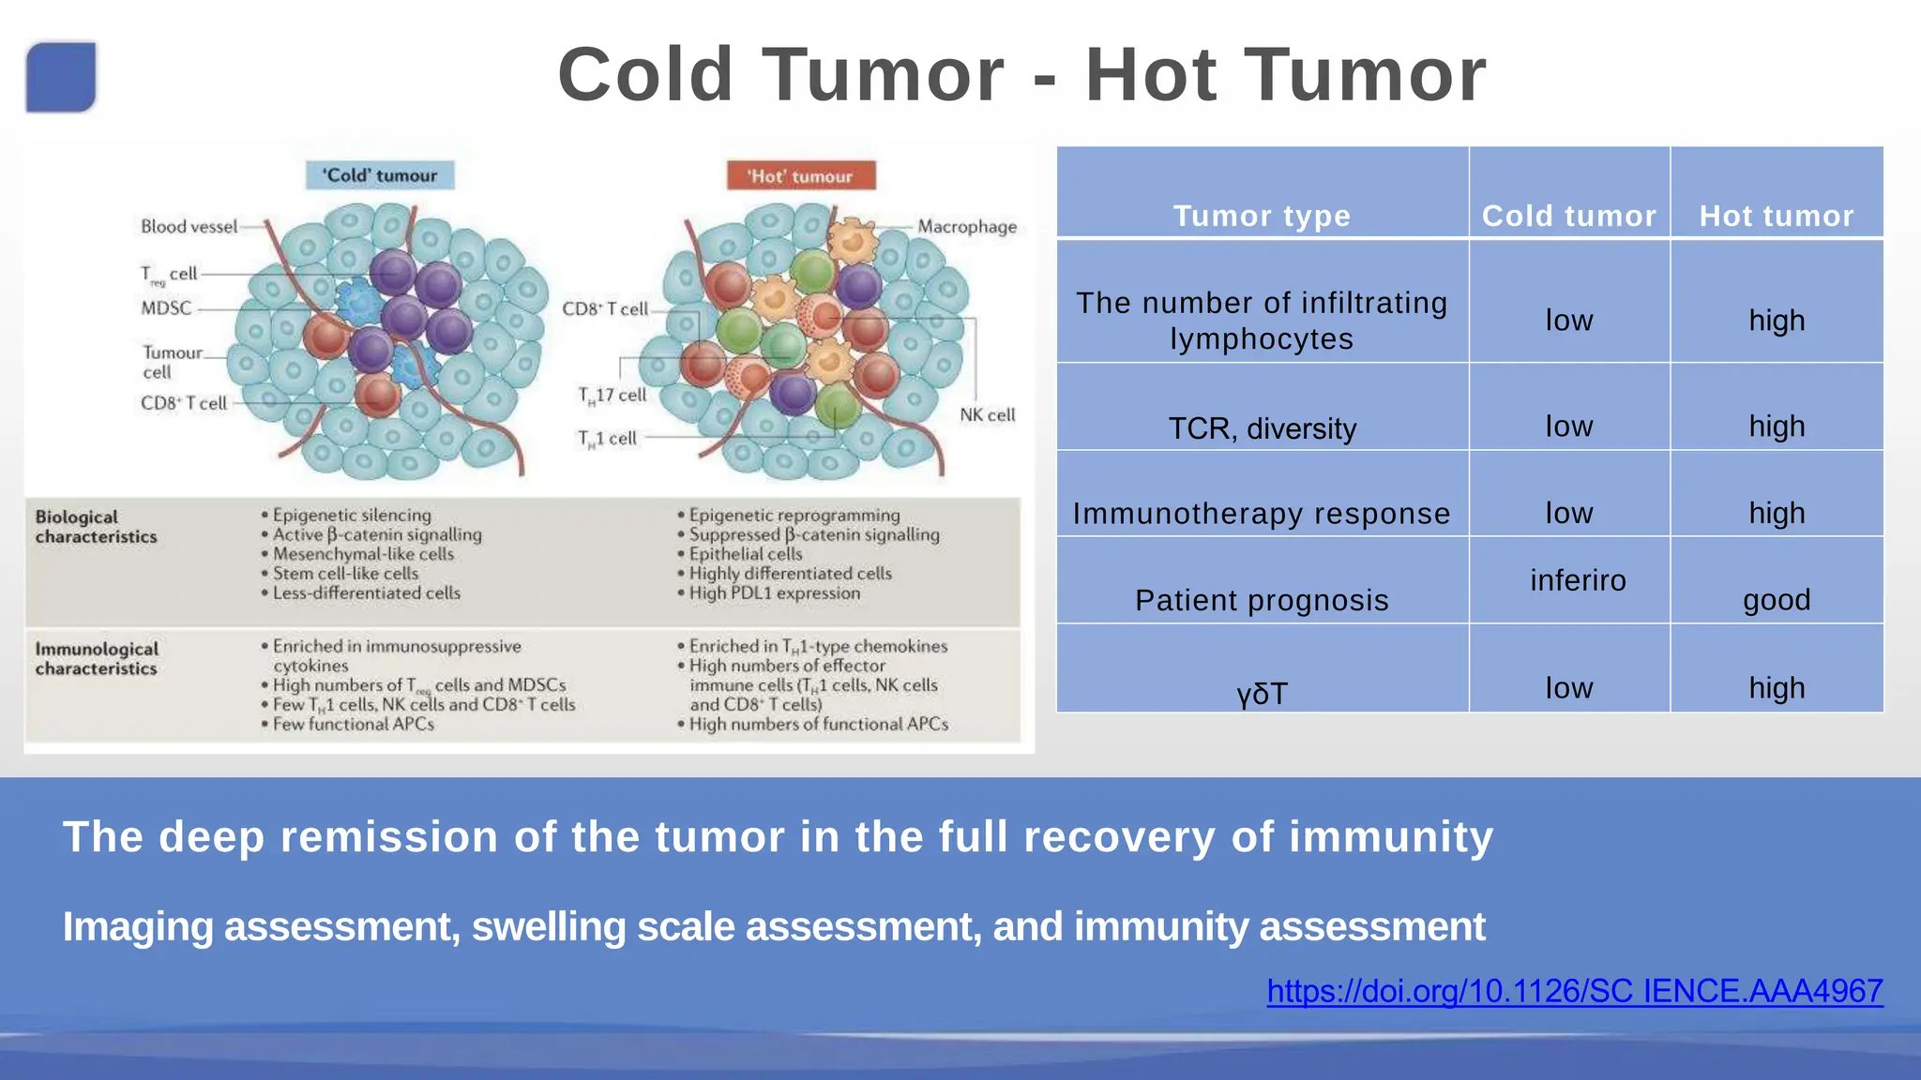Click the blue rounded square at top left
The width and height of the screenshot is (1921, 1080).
[61, 77]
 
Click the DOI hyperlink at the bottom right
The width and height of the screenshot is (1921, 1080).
[1574, 991]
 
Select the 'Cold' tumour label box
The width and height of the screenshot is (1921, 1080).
[380, 175]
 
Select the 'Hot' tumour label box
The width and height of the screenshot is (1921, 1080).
[800, 176]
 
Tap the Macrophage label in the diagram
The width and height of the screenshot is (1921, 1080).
[966, 227]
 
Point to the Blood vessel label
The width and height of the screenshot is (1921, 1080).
[189, 227]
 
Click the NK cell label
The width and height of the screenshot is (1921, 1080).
[987, 415]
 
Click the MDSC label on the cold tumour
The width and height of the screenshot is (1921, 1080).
[166, 308]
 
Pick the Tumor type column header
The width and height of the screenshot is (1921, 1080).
[1262, 216]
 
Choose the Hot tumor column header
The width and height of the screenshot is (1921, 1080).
[1776, 216]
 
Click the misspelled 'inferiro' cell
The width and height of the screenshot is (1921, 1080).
[1578, 580]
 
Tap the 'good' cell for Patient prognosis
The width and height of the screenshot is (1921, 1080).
[1776, 600]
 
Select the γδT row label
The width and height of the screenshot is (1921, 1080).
[1262, 694]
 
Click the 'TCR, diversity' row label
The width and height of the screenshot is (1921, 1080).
[1262, 428]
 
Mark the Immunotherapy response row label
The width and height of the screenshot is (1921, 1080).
[1262, 514]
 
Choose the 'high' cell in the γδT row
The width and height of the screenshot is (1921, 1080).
[1776, 688]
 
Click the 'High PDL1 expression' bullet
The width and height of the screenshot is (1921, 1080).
[774, 593]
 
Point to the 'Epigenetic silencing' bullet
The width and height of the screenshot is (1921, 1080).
[352, 516]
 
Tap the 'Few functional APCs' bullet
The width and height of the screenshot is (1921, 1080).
[353, 725]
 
